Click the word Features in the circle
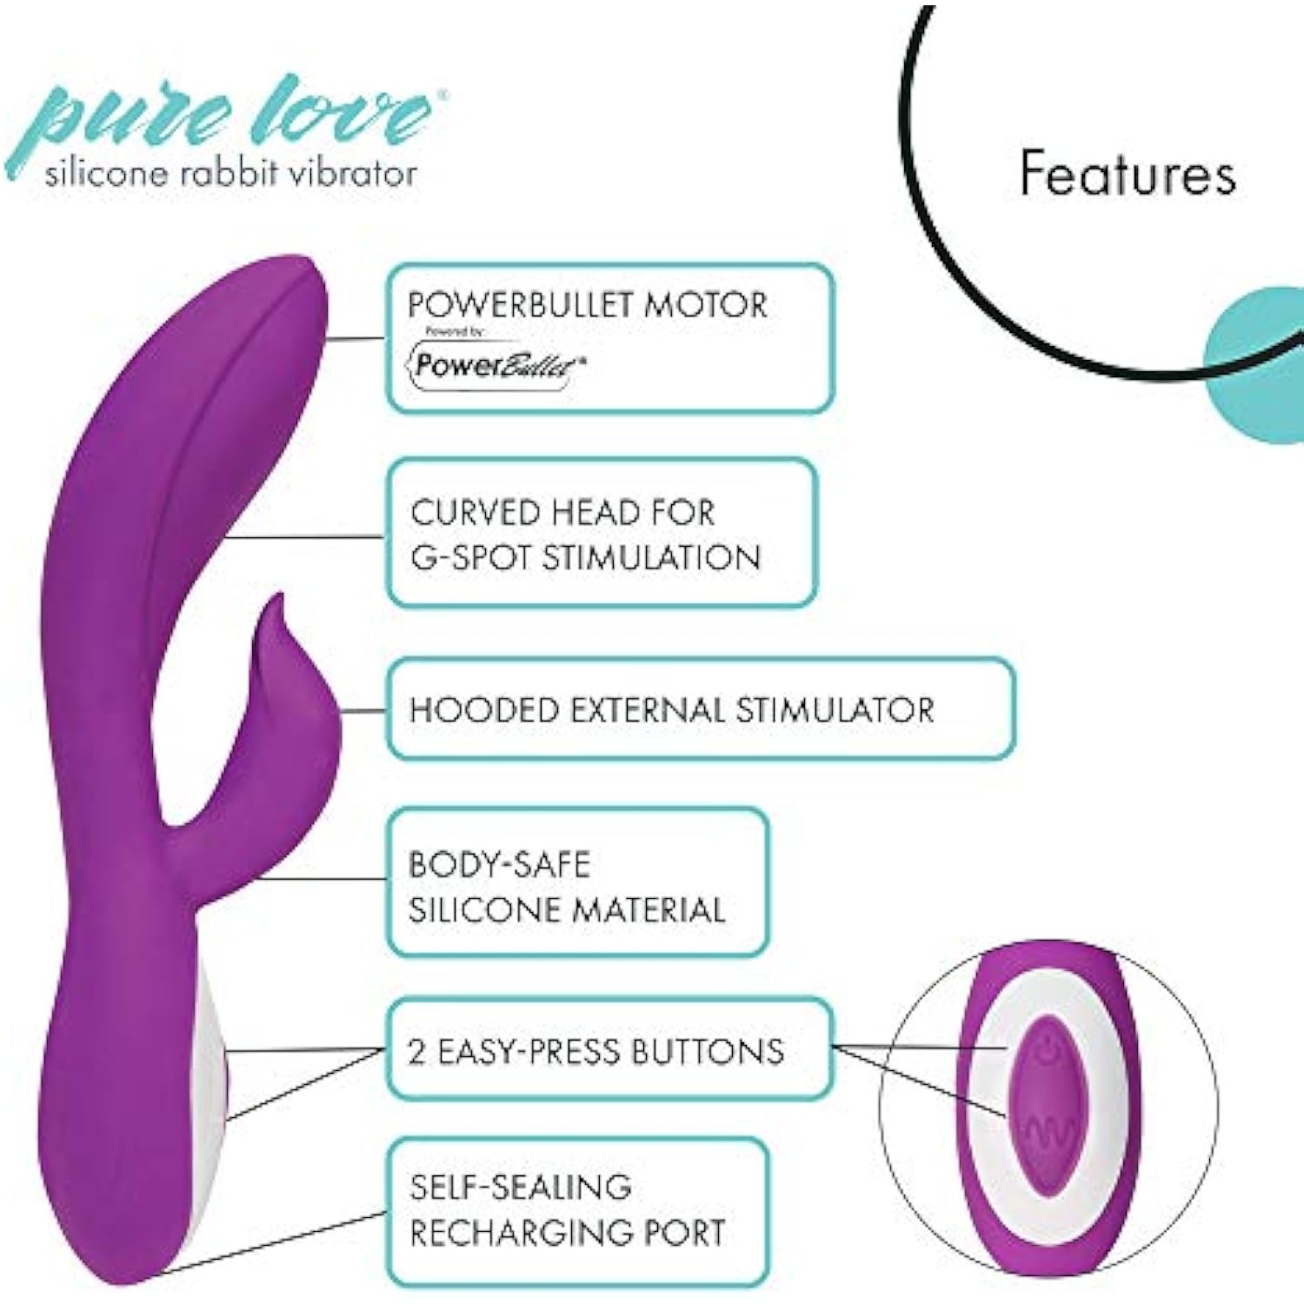[1127, 173]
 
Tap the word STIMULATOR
[835, 710]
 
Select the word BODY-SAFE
[499, 865]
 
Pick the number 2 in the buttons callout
[417, 1052]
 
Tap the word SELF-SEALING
[520, 1188]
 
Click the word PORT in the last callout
[683, 1233]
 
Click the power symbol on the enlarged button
[1047, 1055]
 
